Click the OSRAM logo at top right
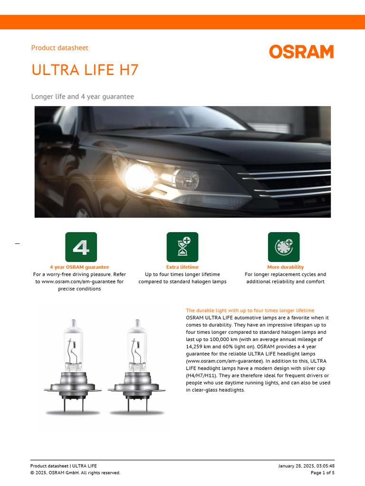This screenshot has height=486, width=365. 301,52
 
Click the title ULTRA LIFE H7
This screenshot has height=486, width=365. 85,70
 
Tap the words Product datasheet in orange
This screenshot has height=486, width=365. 59,48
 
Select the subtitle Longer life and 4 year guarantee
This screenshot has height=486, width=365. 82,97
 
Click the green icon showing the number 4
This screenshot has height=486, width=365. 81,247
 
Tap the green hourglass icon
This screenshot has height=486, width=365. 182,247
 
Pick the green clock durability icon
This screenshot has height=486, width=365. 284,247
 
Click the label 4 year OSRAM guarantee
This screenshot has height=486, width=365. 79,267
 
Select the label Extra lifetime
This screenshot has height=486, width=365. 182,267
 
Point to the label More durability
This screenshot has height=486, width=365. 285,267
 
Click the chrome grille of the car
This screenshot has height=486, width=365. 290,183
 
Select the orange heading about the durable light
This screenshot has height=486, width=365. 250,310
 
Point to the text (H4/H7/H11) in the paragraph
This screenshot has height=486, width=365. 203,375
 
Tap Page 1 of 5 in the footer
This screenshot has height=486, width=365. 322,473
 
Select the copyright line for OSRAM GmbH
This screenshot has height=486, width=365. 75,473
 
